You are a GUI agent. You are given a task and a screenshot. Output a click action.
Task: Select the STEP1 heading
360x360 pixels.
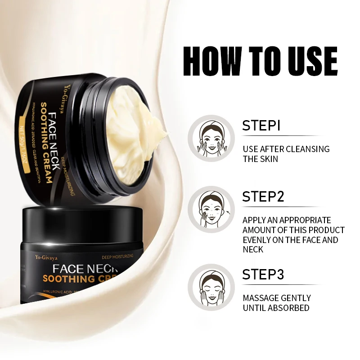point(261,126)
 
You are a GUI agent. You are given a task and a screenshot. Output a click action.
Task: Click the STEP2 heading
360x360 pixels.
point(263,197)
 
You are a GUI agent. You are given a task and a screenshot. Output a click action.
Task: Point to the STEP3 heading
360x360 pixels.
point(263,274)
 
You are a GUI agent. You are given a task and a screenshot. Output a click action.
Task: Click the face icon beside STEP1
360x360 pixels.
point(211,137)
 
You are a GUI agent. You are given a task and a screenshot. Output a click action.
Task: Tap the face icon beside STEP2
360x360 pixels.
point(211,208)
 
